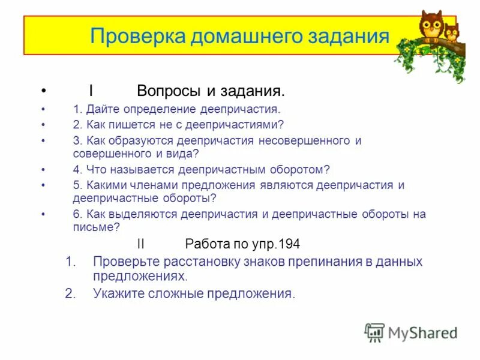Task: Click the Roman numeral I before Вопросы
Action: (x=91, y=92)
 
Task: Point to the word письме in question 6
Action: (x=92, y=227)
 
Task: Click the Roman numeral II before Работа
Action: (x=141, y=244)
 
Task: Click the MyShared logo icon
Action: (x=374, y=332)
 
